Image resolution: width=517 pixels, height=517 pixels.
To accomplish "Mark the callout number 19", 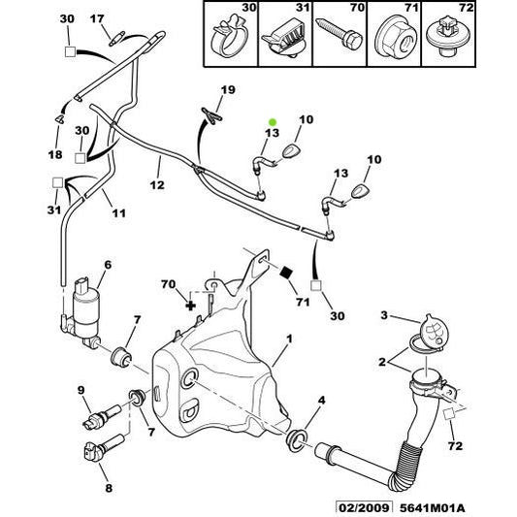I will click(226, 90).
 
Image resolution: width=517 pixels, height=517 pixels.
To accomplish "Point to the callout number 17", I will click(97, 18).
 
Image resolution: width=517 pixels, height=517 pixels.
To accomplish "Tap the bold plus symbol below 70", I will click(191, 305).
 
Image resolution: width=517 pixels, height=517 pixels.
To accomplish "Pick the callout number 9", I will click(83, 390).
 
